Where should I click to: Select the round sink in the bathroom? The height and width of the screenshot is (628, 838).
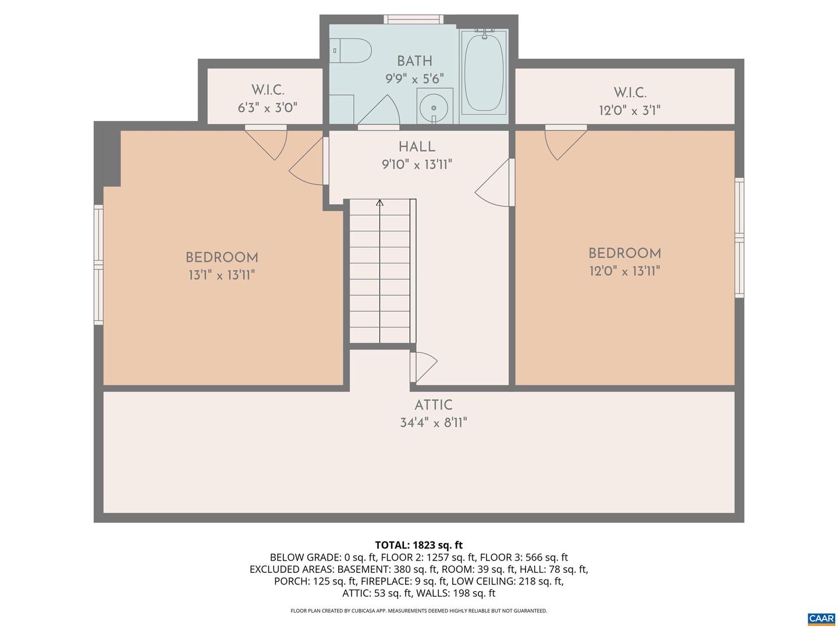tap(434, 108)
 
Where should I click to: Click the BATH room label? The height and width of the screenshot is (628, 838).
tap(414, 61)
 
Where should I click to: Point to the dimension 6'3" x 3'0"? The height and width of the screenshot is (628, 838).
tap(267, 108)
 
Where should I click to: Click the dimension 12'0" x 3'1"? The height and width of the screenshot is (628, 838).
tap(630, 110)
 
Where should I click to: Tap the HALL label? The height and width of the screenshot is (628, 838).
tap(417, 147)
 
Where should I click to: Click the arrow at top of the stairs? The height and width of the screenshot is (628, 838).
tap(380, 203)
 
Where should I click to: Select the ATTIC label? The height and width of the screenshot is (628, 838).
tap(434, 405)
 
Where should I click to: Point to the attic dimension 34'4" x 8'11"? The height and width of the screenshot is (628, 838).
tap(434, 423)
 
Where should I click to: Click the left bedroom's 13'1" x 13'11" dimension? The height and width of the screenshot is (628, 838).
tap(222, 275)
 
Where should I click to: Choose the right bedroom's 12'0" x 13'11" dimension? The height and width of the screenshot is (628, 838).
tap(624, 271)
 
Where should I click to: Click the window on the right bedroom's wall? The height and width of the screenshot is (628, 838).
tap(739, 238)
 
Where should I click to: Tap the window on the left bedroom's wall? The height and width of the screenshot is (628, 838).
tap(98, 265)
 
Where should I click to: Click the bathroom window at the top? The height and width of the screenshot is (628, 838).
tap(413, 20)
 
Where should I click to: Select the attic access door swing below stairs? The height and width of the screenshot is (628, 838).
tap(424, 366)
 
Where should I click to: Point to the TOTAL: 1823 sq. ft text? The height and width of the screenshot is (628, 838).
tap(418, 545)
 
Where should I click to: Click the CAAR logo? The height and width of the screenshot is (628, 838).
tap(821, 619)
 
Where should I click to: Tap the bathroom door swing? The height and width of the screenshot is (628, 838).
tap(380, 112)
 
